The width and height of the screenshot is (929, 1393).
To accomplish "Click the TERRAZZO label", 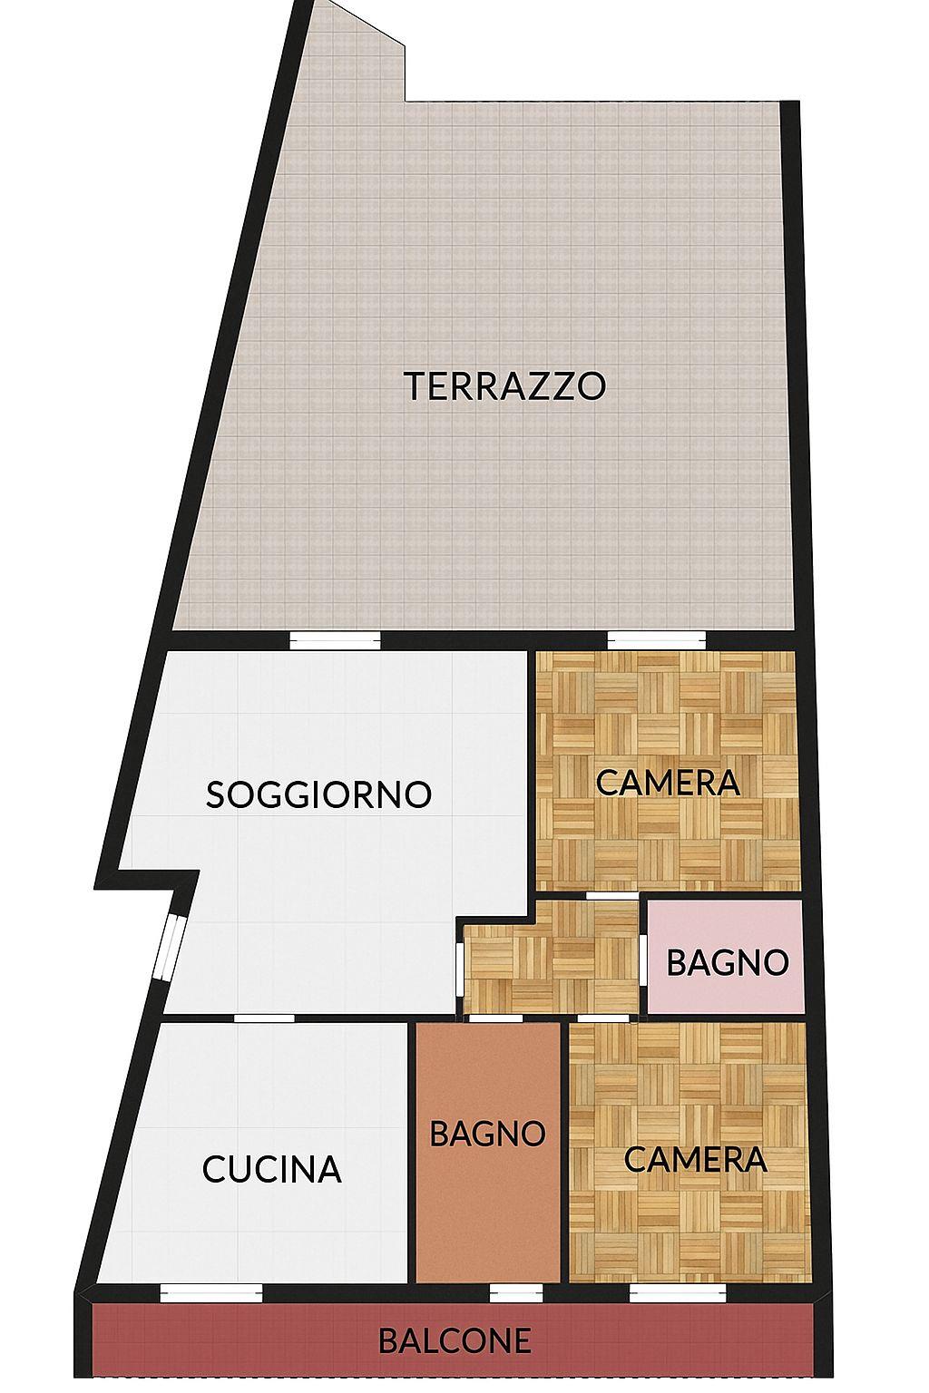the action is click(504, 386).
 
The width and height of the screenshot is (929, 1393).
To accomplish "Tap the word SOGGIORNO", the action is click(318, 794).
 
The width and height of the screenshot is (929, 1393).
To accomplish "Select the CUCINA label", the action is click(272, 1169).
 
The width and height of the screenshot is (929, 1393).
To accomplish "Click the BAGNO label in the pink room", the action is click(728, 962).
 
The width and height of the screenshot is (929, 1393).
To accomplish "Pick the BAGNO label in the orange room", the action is click(488, 1133).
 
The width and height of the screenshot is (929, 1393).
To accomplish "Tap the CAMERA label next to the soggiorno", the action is click(668, 783).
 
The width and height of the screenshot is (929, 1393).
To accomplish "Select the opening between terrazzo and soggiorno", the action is click(336, 640).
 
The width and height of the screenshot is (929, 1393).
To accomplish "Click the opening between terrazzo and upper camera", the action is click(657, 640).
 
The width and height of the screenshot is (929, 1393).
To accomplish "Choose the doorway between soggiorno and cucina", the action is click(264, 1018).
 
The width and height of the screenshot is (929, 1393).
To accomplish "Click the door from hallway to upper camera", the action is click(612, 895).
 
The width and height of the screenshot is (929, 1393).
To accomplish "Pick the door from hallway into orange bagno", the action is click(494, 1018).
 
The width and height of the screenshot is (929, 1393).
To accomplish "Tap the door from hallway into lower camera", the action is click(604, 1018).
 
